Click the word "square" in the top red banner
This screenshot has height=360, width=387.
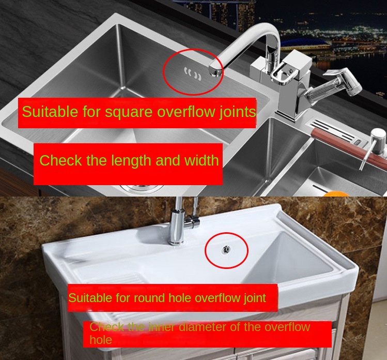(x=129, y=112)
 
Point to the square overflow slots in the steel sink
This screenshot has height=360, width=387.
(x=193, y=74)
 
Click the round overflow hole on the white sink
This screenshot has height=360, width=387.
(x=226, y=249)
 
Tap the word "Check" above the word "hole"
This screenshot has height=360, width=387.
(x=106, y=327)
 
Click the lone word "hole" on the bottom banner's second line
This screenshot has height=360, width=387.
(x=101, y=340)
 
